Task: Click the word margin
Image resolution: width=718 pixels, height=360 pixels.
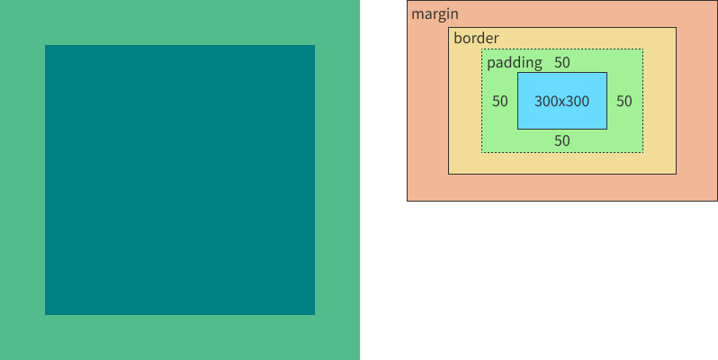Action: coord(435,14)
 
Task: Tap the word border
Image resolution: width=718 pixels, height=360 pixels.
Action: coord(476,39)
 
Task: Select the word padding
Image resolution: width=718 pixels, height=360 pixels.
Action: coord(514,63)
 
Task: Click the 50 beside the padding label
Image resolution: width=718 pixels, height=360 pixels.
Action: coord(561,63)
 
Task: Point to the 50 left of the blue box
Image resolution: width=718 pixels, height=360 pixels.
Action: coord(500,101)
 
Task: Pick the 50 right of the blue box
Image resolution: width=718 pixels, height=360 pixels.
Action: coord(624,101)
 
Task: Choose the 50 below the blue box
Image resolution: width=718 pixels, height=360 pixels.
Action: coord(561,140)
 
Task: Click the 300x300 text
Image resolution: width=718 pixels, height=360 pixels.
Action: coord(561,102)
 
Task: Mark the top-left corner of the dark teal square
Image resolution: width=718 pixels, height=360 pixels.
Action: coord(45,45)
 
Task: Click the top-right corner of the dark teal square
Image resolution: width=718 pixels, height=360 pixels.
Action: coord(314,45)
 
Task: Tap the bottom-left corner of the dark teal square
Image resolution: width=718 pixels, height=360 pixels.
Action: coord(45,314)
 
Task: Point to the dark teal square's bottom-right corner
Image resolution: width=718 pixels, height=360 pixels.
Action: coord(314,314)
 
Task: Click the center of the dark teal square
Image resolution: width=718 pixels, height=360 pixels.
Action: coord(180,180)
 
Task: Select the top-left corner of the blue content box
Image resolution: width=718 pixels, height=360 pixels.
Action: coord(517,73)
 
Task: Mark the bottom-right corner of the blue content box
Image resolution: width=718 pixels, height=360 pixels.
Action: coord(606,129)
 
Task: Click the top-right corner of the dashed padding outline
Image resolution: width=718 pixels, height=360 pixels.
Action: coord(643,49)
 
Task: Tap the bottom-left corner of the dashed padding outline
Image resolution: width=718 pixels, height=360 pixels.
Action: coord(481,152)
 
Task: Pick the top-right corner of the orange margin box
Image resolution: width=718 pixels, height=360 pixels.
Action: coord(717,1)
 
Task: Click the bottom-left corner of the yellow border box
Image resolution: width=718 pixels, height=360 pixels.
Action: coord(449,174)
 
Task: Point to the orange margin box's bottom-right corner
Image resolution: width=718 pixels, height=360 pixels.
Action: coord(717,200)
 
